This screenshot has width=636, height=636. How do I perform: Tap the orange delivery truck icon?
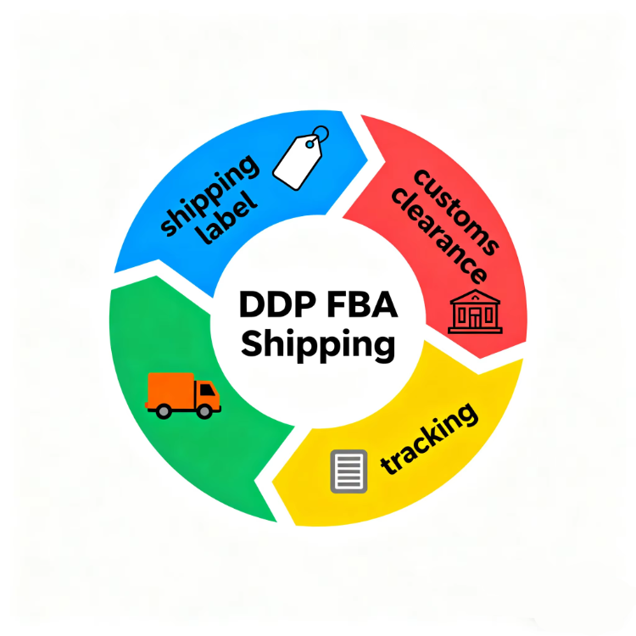(x=182, y=394)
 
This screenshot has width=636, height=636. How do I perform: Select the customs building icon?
(x=474, y=311)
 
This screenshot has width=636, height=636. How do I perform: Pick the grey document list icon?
(x=349, y=471)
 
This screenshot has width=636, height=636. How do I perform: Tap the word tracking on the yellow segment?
(x=429, y=438)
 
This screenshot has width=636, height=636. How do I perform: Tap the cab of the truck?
(x=207, y=394)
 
